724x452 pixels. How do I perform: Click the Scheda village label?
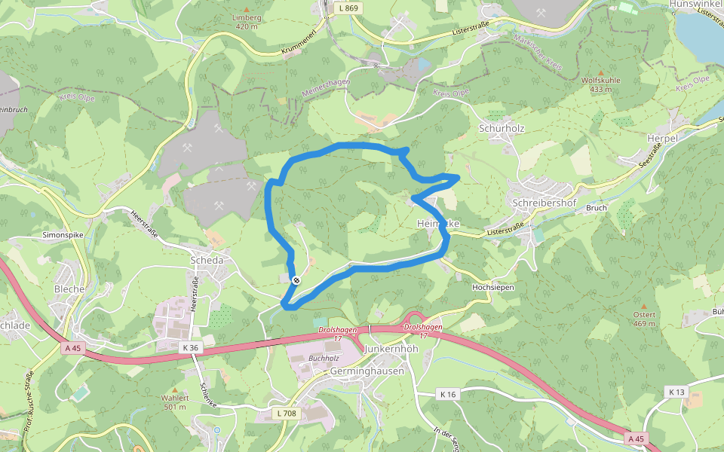coord(207,260)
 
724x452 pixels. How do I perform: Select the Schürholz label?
coord(502,128)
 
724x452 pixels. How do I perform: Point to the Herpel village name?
coord(663,139)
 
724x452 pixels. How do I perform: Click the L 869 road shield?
coord(348,7)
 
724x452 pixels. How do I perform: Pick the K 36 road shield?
coord(190,347)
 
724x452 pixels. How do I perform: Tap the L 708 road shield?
coord(287,413)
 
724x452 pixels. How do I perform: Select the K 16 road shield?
coord(448,394)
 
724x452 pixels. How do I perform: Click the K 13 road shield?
coord(676,392)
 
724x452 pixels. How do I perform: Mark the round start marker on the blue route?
coord(296,280)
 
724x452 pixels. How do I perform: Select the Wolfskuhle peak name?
coord(601,80)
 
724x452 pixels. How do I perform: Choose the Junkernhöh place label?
coord(391,350)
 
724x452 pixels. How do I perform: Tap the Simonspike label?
coord(63,236)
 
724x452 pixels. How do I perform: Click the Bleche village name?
coord(69,289)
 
